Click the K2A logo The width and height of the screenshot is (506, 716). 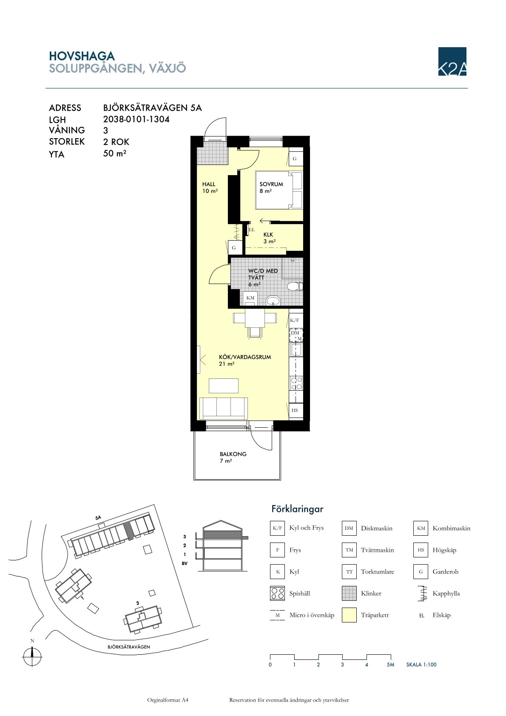click(x=452, y=61)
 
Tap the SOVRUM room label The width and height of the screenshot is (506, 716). click(x=271, y=184)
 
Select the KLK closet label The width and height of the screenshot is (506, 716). click(x=268, y=235)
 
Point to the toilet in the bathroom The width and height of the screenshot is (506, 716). click(x=295, y=286)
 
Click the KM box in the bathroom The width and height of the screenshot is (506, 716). click(x=250, y=298)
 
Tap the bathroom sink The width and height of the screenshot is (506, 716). click(x=273, y=301)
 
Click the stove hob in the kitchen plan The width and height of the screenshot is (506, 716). click(x=296, y=383)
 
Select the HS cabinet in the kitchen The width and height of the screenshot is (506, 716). click(x=296, y=410)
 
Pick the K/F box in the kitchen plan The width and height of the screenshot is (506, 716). click(x=296, y=320)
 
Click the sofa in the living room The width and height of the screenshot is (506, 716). click(x=223, y=408)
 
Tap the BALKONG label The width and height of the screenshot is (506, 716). click(x=233, y=454)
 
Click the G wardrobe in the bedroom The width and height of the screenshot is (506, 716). click(x=296, y=159)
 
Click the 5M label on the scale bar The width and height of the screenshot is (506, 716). click(x=390, y=665)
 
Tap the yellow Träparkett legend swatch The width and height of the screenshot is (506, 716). click(x=349, y=615)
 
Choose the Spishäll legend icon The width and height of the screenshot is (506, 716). click(x=277, y=593)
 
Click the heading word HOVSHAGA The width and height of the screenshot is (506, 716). click(x=82, y=56)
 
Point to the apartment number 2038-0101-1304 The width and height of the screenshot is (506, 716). click(x=136, y=119)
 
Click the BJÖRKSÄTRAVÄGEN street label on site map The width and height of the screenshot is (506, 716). click(x=129, y=647)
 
